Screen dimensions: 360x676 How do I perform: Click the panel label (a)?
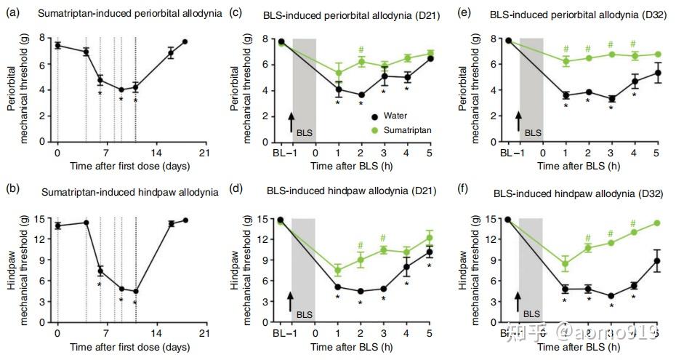tap(19, 14)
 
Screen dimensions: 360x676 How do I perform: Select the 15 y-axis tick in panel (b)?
tap(46, 219)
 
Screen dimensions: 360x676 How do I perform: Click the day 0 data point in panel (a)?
tap(57, 45)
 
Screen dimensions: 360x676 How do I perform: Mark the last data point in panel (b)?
tap(185, 220)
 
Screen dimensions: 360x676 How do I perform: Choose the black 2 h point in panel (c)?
tap(361, 95)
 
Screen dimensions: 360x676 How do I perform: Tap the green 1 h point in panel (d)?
tap(338, 271)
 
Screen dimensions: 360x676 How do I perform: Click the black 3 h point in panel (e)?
tap(611, 99)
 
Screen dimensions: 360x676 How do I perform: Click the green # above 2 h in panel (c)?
tap(361, 50)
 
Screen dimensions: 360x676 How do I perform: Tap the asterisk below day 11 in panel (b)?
tap(135, 302)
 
